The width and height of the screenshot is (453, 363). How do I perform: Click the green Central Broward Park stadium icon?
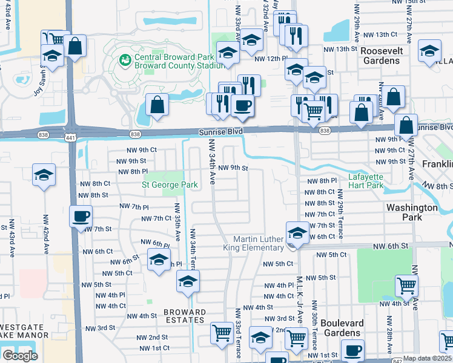point(125,59)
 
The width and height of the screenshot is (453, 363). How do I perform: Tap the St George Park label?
point(170,185)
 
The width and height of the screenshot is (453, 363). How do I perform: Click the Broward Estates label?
point(185,316)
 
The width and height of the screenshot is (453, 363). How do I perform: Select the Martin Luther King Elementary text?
point(262,244)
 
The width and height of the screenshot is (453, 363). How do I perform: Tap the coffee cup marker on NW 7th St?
point(81,216)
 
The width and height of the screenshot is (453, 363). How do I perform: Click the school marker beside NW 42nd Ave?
point(44,175)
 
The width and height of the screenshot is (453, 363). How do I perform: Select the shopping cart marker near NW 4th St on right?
point(406,285)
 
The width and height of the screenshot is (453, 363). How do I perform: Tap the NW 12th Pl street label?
point(269,59)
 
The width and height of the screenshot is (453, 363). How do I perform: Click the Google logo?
point(20,355)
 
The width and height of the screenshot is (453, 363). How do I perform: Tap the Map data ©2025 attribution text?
point(426,358)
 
